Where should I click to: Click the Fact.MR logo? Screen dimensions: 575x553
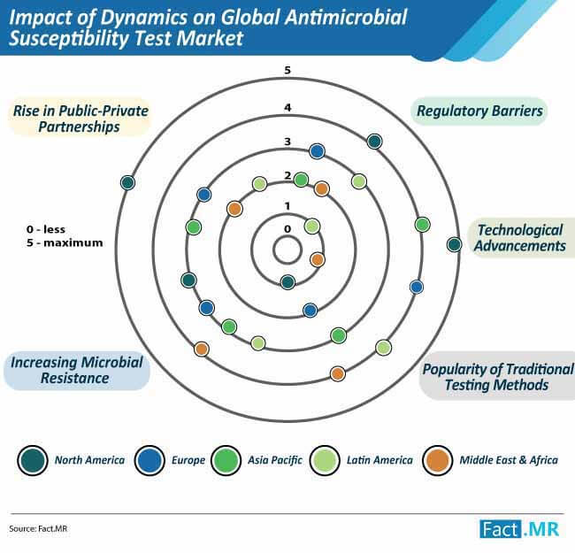click(x=519, y=529)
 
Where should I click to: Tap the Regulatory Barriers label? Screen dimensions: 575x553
click(x=479, y=111)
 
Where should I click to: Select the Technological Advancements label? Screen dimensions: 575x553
click(x=520, y=238)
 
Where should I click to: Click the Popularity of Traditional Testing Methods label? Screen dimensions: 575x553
click(x=497, y=377)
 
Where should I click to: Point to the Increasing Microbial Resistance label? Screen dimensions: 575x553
click(x=76, y=370)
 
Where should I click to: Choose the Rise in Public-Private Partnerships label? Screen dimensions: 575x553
click(x=80, y=118)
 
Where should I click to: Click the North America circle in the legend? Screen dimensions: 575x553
click(x=33, y=460)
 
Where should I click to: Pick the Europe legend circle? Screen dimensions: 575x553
click(x=149, y=460)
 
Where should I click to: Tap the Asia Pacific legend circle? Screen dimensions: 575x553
click(x=226, y=460)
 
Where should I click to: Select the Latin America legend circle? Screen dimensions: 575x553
click(x=325, y=460)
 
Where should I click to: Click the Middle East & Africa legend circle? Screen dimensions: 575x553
click(x=437, y=460)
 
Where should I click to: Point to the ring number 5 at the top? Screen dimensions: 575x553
click(x=287, y=70)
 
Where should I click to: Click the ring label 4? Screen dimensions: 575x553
click(x=287, y=107)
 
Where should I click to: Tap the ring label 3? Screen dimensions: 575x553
click(x=287, y=142)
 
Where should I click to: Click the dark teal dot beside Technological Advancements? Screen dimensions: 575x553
click(x=455, y=244)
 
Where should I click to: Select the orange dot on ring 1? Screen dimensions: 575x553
click(x=318, y=259)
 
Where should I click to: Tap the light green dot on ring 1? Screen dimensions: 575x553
click(x=312, y=227)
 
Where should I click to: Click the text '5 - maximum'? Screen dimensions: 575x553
click(x=65, y=242)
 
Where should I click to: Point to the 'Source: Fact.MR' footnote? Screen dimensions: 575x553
click(x=38, y=528)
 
